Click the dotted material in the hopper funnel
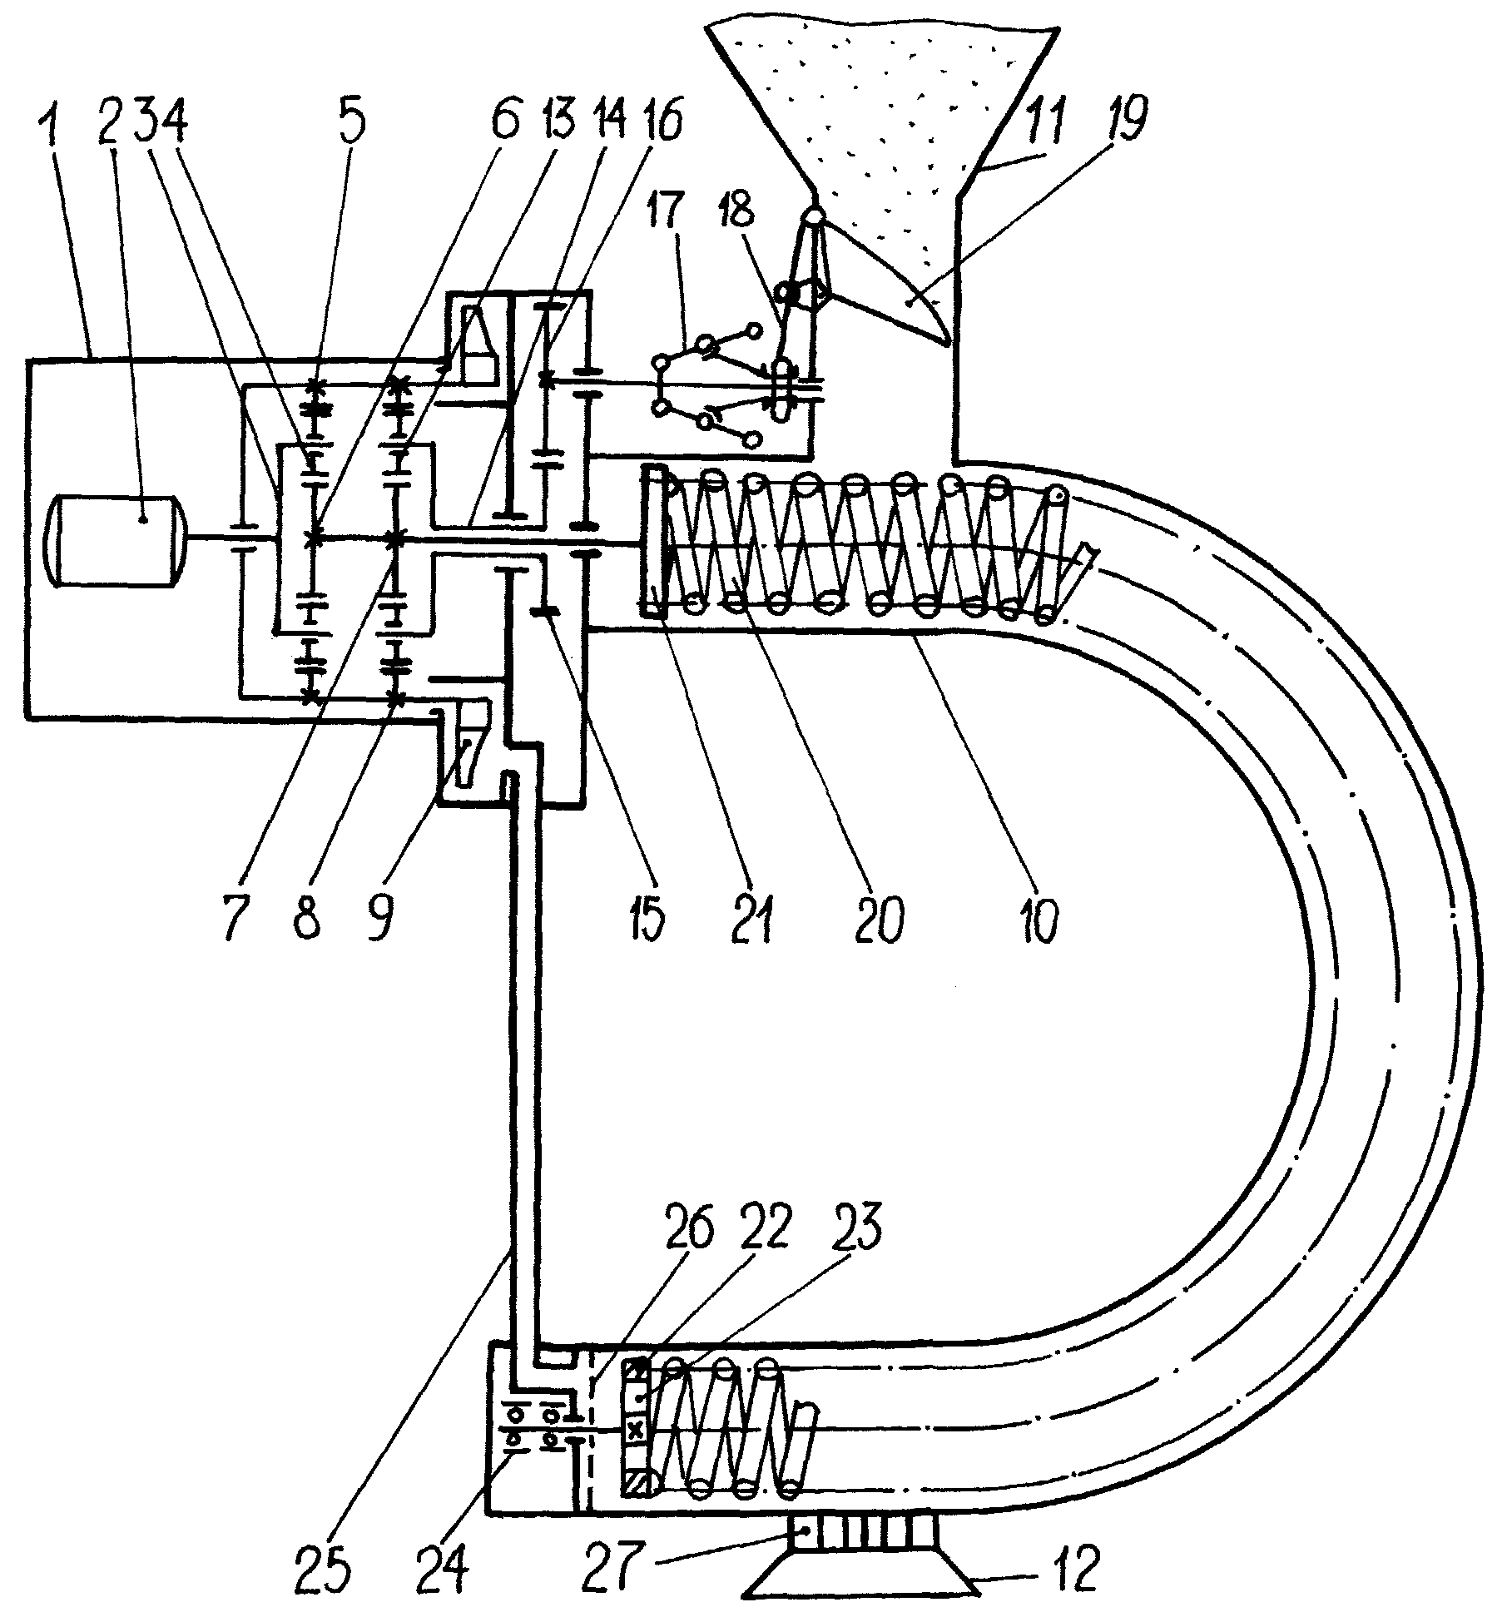pyautogui.click(x=882, y=108)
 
